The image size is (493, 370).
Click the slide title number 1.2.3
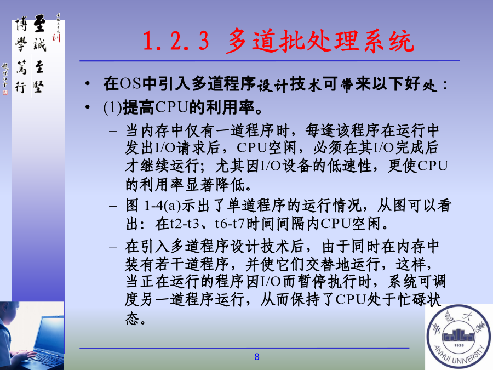[176, 41]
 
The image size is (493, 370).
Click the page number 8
[257, 357]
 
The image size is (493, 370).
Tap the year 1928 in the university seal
[458, 345]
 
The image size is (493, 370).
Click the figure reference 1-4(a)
[163, 206]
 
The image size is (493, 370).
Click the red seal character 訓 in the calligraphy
[56, 38]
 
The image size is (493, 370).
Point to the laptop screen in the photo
[50, 333]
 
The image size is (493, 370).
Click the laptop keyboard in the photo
[47, 358]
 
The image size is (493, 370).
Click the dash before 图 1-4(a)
[113, 207]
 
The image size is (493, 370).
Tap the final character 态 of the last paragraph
[133, 318]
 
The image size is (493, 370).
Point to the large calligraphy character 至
[39, 23]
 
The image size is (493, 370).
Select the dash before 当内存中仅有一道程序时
[113, 132]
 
